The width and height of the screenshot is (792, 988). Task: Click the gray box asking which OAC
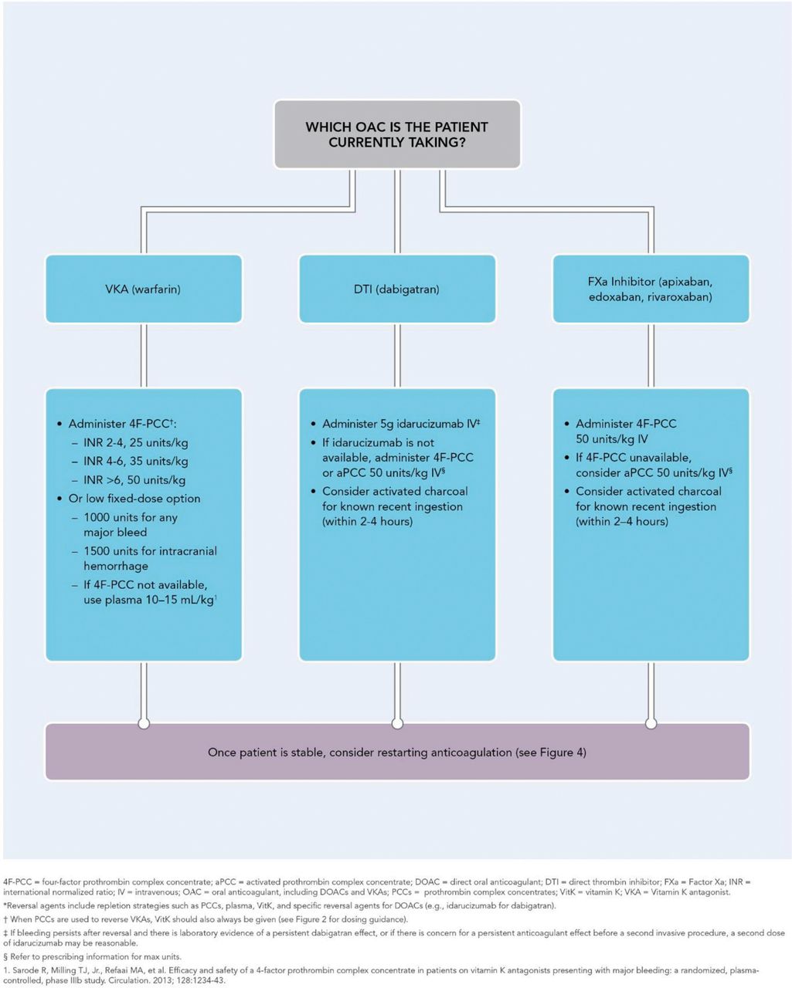pos(397,134)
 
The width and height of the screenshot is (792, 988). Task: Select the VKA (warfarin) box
pos(144,289)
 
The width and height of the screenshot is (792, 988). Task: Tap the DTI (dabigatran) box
pos(397,289)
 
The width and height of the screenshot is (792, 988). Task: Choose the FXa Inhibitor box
pos(651,289)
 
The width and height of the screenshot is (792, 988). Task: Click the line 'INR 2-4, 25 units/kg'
pos(135,442)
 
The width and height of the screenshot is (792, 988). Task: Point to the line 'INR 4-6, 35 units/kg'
pos(135,461)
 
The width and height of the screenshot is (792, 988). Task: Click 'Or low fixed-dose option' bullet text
pos(134,499)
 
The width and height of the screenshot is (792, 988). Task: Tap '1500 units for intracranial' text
pos(150,550)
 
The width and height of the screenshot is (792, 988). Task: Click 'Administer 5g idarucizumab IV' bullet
pos(400,424)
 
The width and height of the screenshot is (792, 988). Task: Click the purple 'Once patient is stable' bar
pos(397,752)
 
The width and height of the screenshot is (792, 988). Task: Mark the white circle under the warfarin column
pos(144,723)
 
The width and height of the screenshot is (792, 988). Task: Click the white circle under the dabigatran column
pos(397,723)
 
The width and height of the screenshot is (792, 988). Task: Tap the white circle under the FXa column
pos(651,723)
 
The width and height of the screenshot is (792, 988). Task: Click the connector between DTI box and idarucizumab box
pos(397,356)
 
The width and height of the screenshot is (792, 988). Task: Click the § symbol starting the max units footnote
pos(5,957)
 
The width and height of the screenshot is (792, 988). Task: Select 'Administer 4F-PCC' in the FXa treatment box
pos(626,424)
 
